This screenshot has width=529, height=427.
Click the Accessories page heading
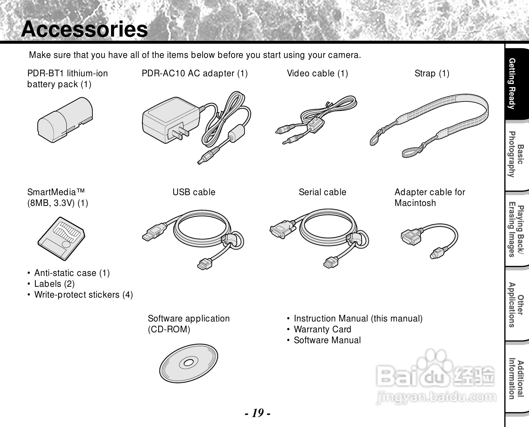[x=84, y=29]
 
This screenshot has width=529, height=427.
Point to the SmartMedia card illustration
[x=61, y=238]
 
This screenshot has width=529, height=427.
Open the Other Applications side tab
[x=516, y=305]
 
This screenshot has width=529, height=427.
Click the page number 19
[x=257, y=412]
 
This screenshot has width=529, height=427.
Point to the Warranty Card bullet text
[x=322, y=329]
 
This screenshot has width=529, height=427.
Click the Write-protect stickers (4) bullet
[x=83, y=295]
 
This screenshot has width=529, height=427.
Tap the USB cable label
[x=194, y=192]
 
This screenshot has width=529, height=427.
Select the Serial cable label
[x=322, y=192]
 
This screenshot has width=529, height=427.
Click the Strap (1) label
[x=432, y=73]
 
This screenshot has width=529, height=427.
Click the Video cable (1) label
[x=317, y=73]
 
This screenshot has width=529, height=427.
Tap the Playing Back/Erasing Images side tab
[x=516, y=231]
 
